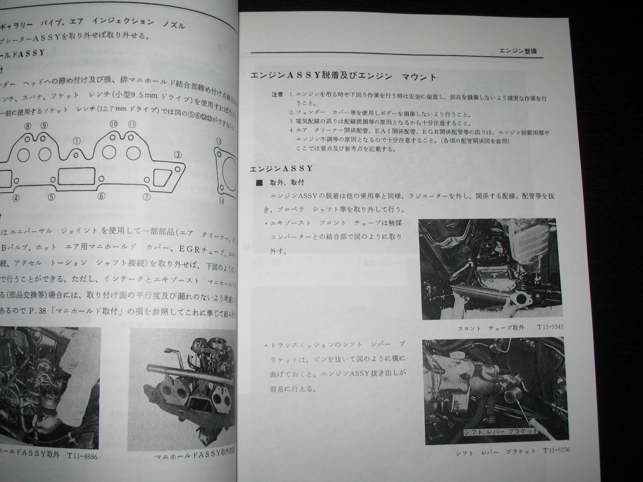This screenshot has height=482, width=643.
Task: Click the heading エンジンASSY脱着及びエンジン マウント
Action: pyautogui.click(x=343, y=77)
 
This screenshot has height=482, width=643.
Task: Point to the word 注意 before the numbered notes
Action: pyautogui.click(x=277, y=94)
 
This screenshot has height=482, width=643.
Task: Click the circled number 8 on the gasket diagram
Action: pyautogui.click(x=28, y=125)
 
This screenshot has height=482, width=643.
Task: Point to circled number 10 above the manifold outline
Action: pyautogui.click(x=114, y=125)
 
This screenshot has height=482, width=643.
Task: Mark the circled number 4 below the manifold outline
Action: pyautogui.click(x=17, y=198)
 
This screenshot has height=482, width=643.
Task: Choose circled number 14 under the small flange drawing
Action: pyautogui.click(x=221, y=200)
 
